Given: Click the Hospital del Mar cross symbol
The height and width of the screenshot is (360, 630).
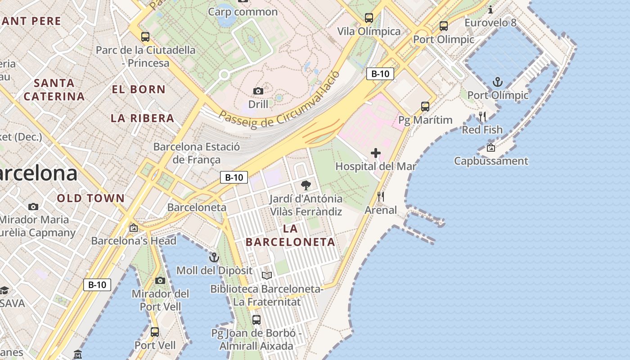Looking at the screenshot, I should coord(376,153).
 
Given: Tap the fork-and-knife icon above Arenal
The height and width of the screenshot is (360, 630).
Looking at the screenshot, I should coord(381,197).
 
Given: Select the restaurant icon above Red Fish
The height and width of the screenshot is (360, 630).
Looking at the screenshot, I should coord(482,117).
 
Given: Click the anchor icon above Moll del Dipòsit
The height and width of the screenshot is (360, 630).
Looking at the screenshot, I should coord(214,257).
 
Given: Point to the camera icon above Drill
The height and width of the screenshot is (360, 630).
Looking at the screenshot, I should coord(258,91).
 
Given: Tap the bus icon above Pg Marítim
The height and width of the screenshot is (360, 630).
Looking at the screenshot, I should coord(425,107).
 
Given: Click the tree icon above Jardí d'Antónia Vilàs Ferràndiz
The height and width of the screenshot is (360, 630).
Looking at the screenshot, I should coord(306,185).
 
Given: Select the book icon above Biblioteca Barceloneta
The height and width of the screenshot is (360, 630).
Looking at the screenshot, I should coord(267,275).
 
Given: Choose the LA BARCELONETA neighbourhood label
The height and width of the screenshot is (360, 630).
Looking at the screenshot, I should coord(290,235).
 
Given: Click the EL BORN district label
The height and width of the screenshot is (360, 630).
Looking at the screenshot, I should coord(139,89).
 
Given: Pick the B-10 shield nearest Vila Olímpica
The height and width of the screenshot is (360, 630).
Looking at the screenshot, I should coord(380,74).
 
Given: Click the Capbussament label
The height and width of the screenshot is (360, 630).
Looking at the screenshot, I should coord(491,161).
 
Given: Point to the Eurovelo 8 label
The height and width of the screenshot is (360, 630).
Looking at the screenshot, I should coord(490,22).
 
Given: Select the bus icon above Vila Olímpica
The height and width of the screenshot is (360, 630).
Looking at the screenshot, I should coord(369,18).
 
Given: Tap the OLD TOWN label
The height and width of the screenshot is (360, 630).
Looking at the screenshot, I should coord(91,198).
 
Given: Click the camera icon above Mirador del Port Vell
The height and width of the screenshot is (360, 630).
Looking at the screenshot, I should coord(160,280).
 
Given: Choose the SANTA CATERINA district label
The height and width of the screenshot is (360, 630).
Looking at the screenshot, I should coord(54,90).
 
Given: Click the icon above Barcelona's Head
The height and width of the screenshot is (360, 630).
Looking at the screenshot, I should coord(133,228).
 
